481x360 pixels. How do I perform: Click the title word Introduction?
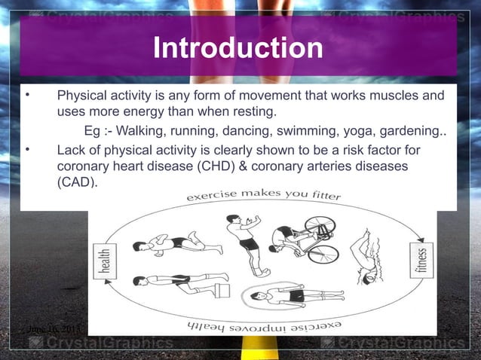click(x=238, y=50)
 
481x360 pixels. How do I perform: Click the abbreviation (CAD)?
click(x=78, y=182)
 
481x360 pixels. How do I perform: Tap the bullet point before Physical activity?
click(x=26, y=96)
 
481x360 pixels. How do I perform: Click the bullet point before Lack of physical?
click(x=26, y=149)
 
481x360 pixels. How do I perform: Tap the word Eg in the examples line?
click(x=93, y=131)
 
